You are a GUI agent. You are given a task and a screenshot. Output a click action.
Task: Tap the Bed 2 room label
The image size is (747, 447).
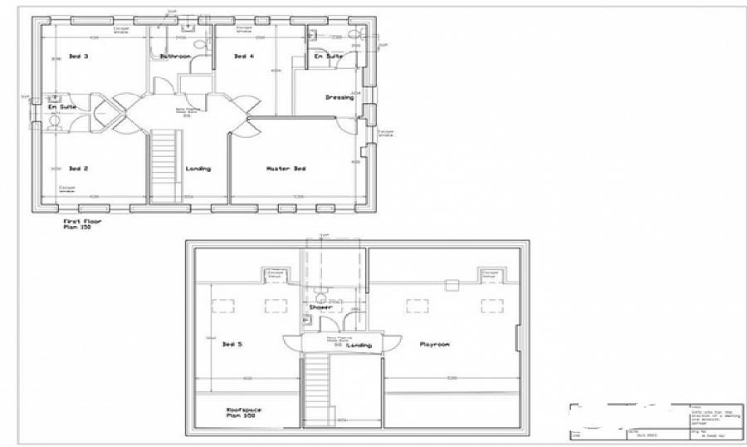coord(79,169)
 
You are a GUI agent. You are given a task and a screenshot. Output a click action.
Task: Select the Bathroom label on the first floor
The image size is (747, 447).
coord(175,56)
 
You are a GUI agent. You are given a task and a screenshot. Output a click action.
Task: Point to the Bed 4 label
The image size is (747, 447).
coord(243,56)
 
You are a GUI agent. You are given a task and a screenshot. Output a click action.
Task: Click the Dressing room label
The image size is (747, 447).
coord(339,97)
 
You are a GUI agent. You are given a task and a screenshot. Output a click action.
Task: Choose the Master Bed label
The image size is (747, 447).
coord(286,169)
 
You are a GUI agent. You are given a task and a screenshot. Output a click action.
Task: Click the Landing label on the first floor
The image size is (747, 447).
coord(198,169)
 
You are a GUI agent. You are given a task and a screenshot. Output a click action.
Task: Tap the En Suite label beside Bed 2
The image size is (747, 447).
coord(62,108)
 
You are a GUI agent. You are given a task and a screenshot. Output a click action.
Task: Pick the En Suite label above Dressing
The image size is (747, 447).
coord(328,56)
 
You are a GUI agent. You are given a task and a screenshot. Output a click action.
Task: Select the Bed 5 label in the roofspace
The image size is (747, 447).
coord(233,344)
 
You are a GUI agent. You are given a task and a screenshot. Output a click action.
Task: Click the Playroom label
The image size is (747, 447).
coord(434,344)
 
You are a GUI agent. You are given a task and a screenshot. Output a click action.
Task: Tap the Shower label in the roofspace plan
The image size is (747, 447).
coord(320,307)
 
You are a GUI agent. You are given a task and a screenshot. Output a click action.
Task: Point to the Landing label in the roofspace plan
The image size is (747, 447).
coord(359,345)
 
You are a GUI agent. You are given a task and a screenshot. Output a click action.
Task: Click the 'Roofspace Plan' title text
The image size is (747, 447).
coord(241,413)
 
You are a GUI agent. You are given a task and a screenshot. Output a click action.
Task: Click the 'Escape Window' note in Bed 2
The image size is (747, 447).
coord(66,189)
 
